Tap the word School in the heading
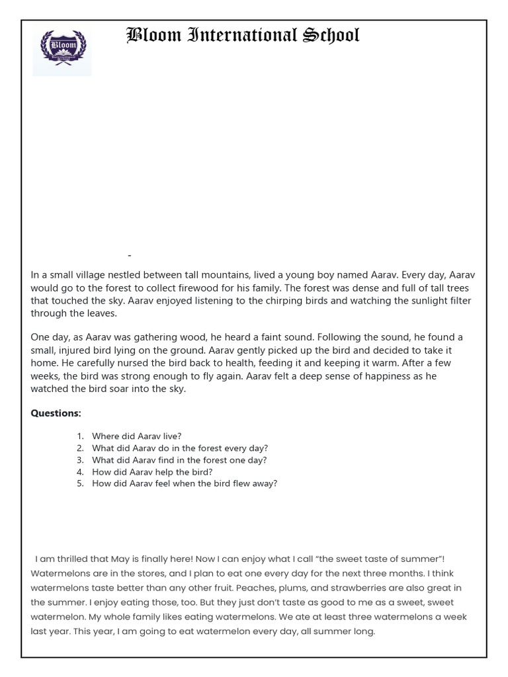click(x=331, y=35)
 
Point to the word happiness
click(x=383, y=376)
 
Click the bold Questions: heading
click(x=56, y=413)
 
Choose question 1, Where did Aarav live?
click(x=136, y=436)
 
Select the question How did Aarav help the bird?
click(x=152, y=472)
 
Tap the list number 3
click(x=79, y=460)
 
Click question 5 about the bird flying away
click(x=185, y=484)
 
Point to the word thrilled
click(x=71, y=559)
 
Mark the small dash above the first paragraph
click(x=130, y=255)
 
